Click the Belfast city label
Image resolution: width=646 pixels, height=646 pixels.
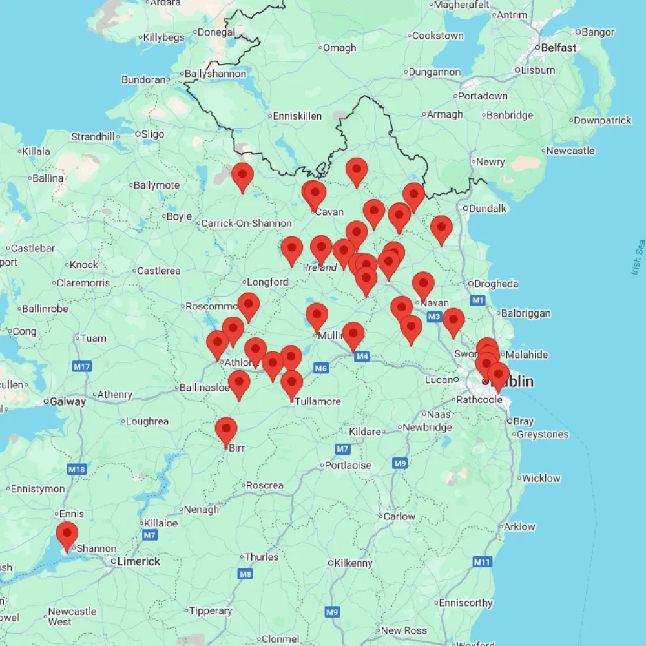tap(559, 48)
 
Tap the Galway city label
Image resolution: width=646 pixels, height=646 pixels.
tap(67, 402)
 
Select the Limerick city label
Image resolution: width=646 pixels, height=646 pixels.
tap(138, 561)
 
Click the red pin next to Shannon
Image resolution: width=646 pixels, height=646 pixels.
tap(67, 536)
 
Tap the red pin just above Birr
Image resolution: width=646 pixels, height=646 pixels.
tap(225, 430)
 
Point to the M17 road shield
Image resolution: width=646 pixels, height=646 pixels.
tap(82, 367)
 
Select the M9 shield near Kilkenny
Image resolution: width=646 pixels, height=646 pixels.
tap(332, 612)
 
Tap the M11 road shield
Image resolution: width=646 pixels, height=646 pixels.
tap(481, 562)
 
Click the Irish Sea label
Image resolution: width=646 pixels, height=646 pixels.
tap(638, 257)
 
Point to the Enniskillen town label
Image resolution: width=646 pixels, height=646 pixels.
tap(297, 116)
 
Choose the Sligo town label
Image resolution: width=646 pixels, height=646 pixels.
tap(152, 134)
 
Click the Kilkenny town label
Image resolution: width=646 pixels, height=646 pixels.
tap(353, 563)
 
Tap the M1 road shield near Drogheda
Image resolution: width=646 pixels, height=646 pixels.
tap(478, 300)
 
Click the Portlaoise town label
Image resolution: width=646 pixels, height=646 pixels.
tap(348, 465)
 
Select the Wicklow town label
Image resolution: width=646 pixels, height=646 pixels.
tap(541, 478)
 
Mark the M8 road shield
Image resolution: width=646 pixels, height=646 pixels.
tap(245, 574)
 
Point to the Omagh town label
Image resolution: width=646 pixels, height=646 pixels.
tap(339, 48)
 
